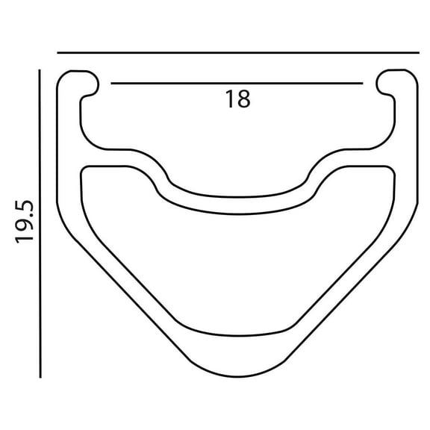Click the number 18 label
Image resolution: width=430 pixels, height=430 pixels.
237,99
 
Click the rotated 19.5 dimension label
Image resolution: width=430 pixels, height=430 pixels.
27,222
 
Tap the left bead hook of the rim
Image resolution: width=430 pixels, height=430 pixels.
82,83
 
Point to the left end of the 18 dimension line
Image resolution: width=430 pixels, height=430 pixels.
112,81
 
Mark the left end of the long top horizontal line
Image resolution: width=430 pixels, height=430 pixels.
58,52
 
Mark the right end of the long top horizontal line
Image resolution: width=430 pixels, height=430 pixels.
420,52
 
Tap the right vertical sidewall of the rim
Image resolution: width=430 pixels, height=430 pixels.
408,157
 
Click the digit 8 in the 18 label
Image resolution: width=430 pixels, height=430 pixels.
243,99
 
